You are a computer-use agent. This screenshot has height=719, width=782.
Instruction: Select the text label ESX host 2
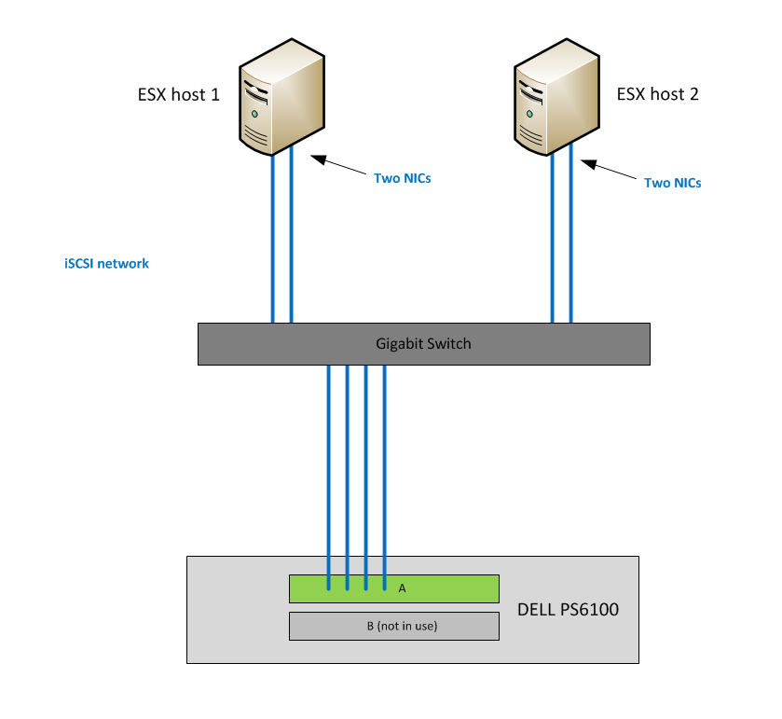point(657,94)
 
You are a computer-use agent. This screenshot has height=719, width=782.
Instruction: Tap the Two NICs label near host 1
point(402,177)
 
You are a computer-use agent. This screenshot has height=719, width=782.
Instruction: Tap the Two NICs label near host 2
point(672,183)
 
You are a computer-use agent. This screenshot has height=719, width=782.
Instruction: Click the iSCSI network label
point(106,264)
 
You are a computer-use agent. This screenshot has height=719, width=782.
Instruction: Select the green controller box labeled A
point(447,589)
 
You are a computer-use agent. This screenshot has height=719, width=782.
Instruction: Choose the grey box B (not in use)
point(393,626)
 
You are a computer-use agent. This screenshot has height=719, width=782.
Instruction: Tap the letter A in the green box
point(402,588)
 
